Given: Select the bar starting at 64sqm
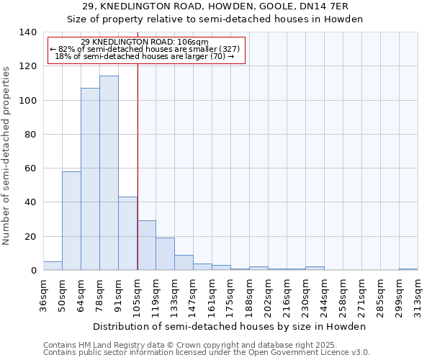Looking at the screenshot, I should pyautogui.click(x=90, y=179).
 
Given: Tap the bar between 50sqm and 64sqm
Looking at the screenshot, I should pyautogui.click(x=71, y=220).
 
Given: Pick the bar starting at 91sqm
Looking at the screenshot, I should pyautogui.click(x=127, y=233).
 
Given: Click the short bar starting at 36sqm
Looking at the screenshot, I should pyautogui.click(x=53, y=266).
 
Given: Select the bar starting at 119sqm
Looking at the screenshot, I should pyautogui.click(x=165, y=254).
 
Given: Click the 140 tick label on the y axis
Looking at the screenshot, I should pyautogui.click(x=27, y=32).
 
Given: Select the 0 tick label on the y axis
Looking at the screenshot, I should pyautogui.click(x=33, y=271).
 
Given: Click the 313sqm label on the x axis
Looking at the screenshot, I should pyautogui.click(x=418, y=296).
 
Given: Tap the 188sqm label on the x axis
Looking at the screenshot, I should pyautogui.click(x=249, y=296).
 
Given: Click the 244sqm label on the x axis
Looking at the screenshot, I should pyautogui.click(x=324, y=296).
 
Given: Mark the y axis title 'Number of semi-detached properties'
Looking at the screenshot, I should pyautogui.click(x=6, y=155).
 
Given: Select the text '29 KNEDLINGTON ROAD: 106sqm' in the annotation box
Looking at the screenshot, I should pyautogui.click(x=145, y=42).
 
